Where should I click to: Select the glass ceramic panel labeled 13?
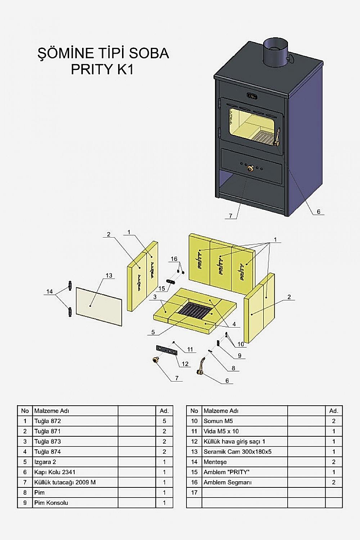pyautogui.click(x=99, y=306)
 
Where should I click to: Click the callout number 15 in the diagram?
pyautogui.click(x=162, y=288)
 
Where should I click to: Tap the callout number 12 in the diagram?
pyautogui.click(x=185, y=364)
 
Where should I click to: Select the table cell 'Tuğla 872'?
pyautogui.click(x=48, y=421)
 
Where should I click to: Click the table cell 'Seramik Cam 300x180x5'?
pyautogui.click(x=238, y=451)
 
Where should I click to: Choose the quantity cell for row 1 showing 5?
pyautogui.click(x=165, y=421)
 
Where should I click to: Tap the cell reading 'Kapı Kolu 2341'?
pyautogui.click(x=55, y=472)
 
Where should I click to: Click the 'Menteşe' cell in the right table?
pyautogui.click(x=215, y=462)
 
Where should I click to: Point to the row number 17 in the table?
pyautogui.click(x=194, y=492)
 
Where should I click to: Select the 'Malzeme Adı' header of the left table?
pyautogui.click(x=51, y=410)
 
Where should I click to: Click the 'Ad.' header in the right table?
pyautogui.click(x=334, y=410)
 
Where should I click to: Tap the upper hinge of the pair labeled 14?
pyautogui.click(x=70, y=285)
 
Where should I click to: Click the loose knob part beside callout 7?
pyautogui.click(x=156, y=360)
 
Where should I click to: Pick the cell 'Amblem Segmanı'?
pyautogui.click(x=228, y=482)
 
